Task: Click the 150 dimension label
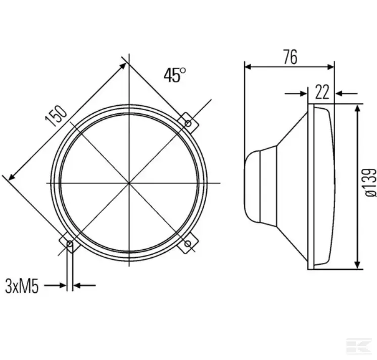56,116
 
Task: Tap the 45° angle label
175,75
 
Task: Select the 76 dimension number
290,57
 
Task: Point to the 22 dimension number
322,92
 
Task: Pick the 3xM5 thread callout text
22,286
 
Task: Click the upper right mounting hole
188,123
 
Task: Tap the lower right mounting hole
188,244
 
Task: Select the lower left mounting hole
70,244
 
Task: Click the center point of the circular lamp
129,183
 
